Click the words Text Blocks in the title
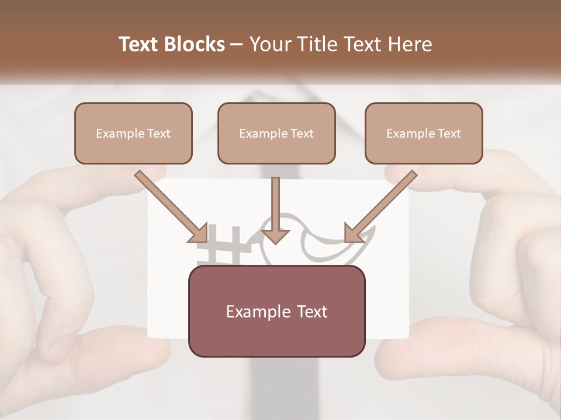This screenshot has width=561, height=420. pyautogui.click(x=171, y=44)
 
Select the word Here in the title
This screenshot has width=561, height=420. pyautogui.click(x=408, y=44)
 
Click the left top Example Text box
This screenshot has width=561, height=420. pyautogui.click(x=133, y=133)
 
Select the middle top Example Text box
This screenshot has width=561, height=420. pyautogui.click(x=276, y=133)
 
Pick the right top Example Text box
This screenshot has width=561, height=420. pyautogui.click(x=424, y=133)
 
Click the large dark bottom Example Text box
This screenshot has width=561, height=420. pyautogui.click(x=276, y=311)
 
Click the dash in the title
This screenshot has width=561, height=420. pyautogui.click(x=237, y=44)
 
